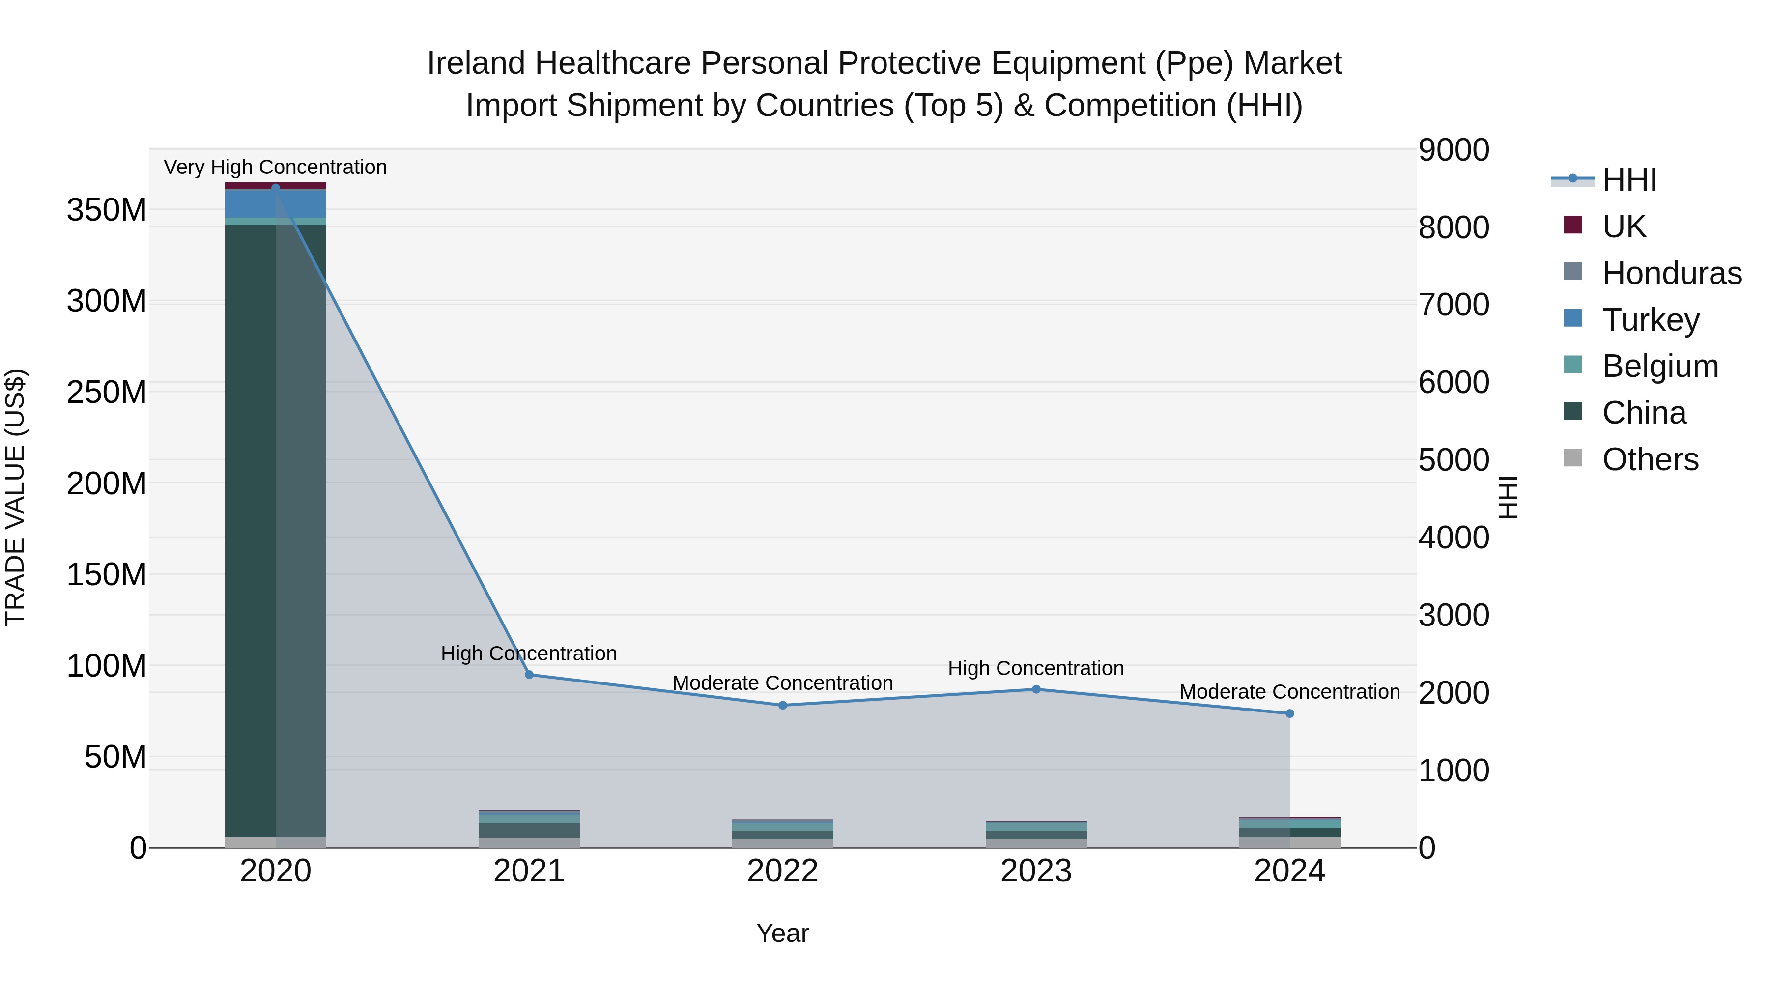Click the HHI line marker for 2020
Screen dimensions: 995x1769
click(275, 188)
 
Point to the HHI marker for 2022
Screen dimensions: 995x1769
click(782, 705)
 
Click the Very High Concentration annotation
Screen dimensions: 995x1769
click(275, 167)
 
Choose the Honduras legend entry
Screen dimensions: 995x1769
click(1672, 273)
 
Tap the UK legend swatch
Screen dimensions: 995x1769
click(1572, 225)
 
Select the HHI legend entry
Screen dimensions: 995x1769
click(1629, 180)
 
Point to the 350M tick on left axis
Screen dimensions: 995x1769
click(107, 209)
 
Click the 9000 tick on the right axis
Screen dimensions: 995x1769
click(1454, 150)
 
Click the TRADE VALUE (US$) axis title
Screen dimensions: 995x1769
click(15, 497)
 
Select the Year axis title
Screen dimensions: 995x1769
click(782, 933)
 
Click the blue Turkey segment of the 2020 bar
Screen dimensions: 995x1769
click(275, 203)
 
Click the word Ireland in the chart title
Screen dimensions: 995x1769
click(477, 63)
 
